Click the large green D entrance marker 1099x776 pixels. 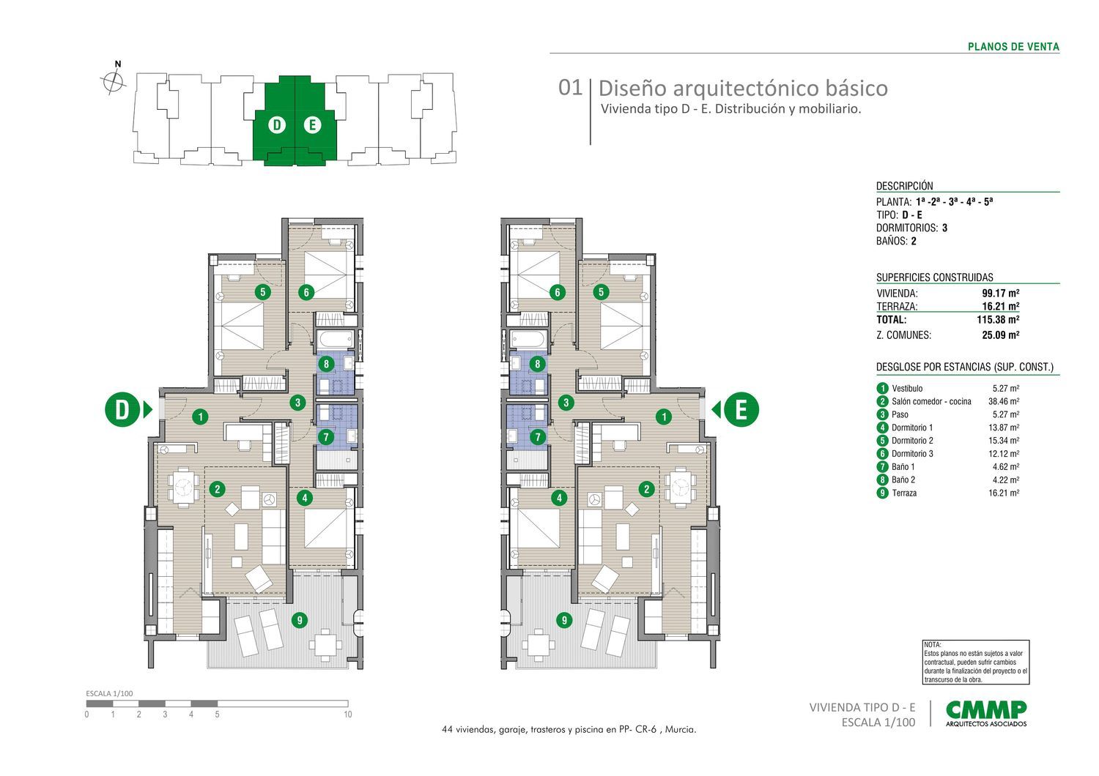[122, 409]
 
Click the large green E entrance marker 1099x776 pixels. [741, 409]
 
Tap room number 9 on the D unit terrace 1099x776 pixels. [299, 620]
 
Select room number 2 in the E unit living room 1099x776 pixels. [647, 489]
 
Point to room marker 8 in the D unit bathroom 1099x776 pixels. [326, 364]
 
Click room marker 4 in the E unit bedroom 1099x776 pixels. [559, 499]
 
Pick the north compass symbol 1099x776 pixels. [114, 78]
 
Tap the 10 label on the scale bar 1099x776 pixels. [348, 715]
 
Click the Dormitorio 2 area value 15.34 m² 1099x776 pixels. [1004, 441]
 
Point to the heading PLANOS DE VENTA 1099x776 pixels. [1013, 47]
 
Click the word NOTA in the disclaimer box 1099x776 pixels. [932, 645]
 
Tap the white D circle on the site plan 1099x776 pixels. [277, 125]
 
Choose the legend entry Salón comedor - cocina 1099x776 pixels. [931, 401]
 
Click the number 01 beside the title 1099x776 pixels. [570, 88]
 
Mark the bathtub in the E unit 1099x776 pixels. [528, 339]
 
